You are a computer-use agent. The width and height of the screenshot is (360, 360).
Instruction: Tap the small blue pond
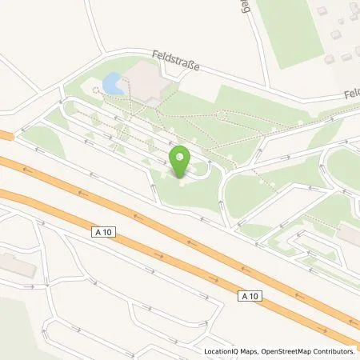(113, 82)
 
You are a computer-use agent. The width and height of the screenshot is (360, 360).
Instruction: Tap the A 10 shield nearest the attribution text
(250, 295)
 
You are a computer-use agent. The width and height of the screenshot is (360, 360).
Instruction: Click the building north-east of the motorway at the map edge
(350, 234)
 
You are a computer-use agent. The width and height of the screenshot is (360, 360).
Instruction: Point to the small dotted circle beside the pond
(97, 89)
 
